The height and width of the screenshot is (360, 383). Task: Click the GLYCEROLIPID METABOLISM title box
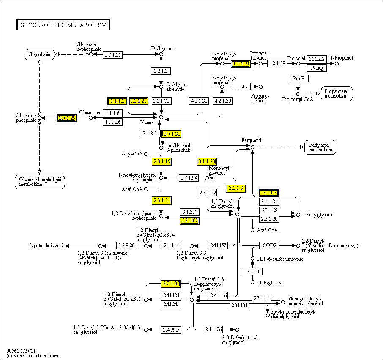63,25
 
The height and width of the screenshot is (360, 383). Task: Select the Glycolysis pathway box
39,54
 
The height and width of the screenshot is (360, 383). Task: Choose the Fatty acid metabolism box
320,147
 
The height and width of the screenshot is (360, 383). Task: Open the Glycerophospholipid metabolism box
39,182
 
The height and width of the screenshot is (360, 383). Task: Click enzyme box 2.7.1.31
113,55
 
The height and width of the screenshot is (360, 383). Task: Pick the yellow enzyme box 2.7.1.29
67,118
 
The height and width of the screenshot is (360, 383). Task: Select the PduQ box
317,68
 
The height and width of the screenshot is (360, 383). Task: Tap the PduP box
298,79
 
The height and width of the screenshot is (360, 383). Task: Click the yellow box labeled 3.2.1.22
171,284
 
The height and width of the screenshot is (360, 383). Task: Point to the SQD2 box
269,245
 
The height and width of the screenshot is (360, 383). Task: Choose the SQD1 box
252,271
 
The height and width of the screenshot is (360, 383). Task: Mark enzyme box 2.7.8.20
126,245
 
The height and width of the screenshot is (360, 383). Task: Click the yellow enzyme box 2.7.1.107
189,220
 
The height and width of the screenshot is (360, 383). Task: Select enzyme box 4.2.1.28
277,63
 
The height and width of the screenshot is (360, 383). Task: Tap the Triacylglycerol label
318,215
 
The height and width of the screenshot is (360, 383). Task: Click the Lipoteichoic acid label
46,245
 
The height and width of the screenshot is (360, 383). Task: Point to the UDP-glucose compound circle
252,282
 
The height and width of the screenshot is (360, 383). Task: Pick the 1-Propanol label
342,58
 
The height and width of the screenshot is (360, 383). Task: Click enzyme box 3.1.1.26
213,330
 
